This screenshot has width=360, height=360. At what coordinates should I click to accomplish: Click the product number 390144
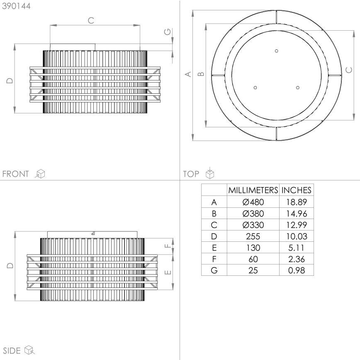pyautogui.click(x=16, y=7)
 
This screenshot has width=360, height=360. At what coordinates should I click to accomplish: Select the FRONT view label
pyautogui.click(x=16, y=174)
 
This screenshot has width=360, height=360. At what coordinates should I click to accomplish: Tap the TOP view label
pyautogui.click(x=191, y=174)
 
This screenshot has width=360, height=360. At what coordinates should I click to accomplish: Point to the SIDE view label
pyautogui.click(x=12, y=350)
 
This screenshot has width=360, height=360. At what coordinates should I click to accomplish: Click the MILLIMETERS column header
pyautogui.click(x=253, y=190)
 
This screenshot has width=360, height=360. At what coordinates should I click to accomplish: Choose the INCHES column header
pyautogui.click(x=296, y=190)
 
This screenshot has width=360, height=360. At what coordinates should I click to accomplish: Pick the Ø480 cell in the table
pyautogui.click(x=253, y=202)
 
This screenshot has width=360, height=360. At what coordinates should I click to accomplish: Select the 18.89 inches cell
pyautogui.click(x=296, y=202)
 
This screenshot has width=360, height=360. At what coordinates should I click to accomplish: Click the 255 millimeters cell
pyautogui.click(x=253, y=236)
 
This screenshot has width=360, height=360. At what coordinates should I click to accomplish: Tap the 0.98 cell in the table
pyautogui.click(x=296, y=270)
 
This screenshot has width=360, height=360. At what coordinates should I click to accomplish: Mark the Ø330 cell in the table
pyautogui.click(x=253, y=225)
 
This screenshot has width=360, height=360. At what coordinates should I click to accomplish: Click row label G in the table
pyautogui.click(x=214, y=270)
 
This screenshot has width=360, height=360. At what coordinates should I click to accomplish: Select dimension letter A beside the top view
pyautogui.click(x=188, y=74)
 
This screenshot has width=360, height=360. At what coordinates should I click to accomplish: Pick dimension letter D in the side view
pyautogui.click(x=10, y=265)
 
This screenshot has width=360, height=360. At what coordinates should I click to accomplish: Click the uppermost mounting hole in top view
pyautogui.click(x=277, y=51)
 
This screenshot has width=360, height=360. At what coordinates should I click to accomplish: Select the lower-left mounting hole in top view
pyautogui.click(x=255, y=87)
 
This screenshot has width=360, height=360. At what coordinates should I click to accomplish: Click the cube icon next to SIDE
pyautogui.click(x=29, y=350)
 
